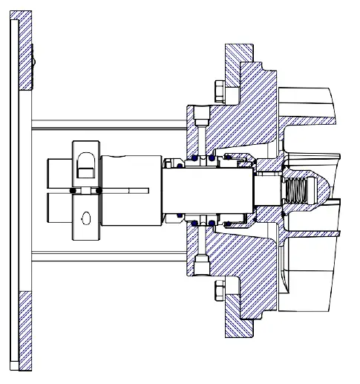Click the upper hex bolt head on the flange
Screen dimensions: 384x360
coord(218,91)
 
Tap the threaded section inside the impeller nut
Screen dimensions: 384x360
coord(298,191)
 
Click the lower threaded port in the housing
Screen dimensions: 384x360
coord(201,266)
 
